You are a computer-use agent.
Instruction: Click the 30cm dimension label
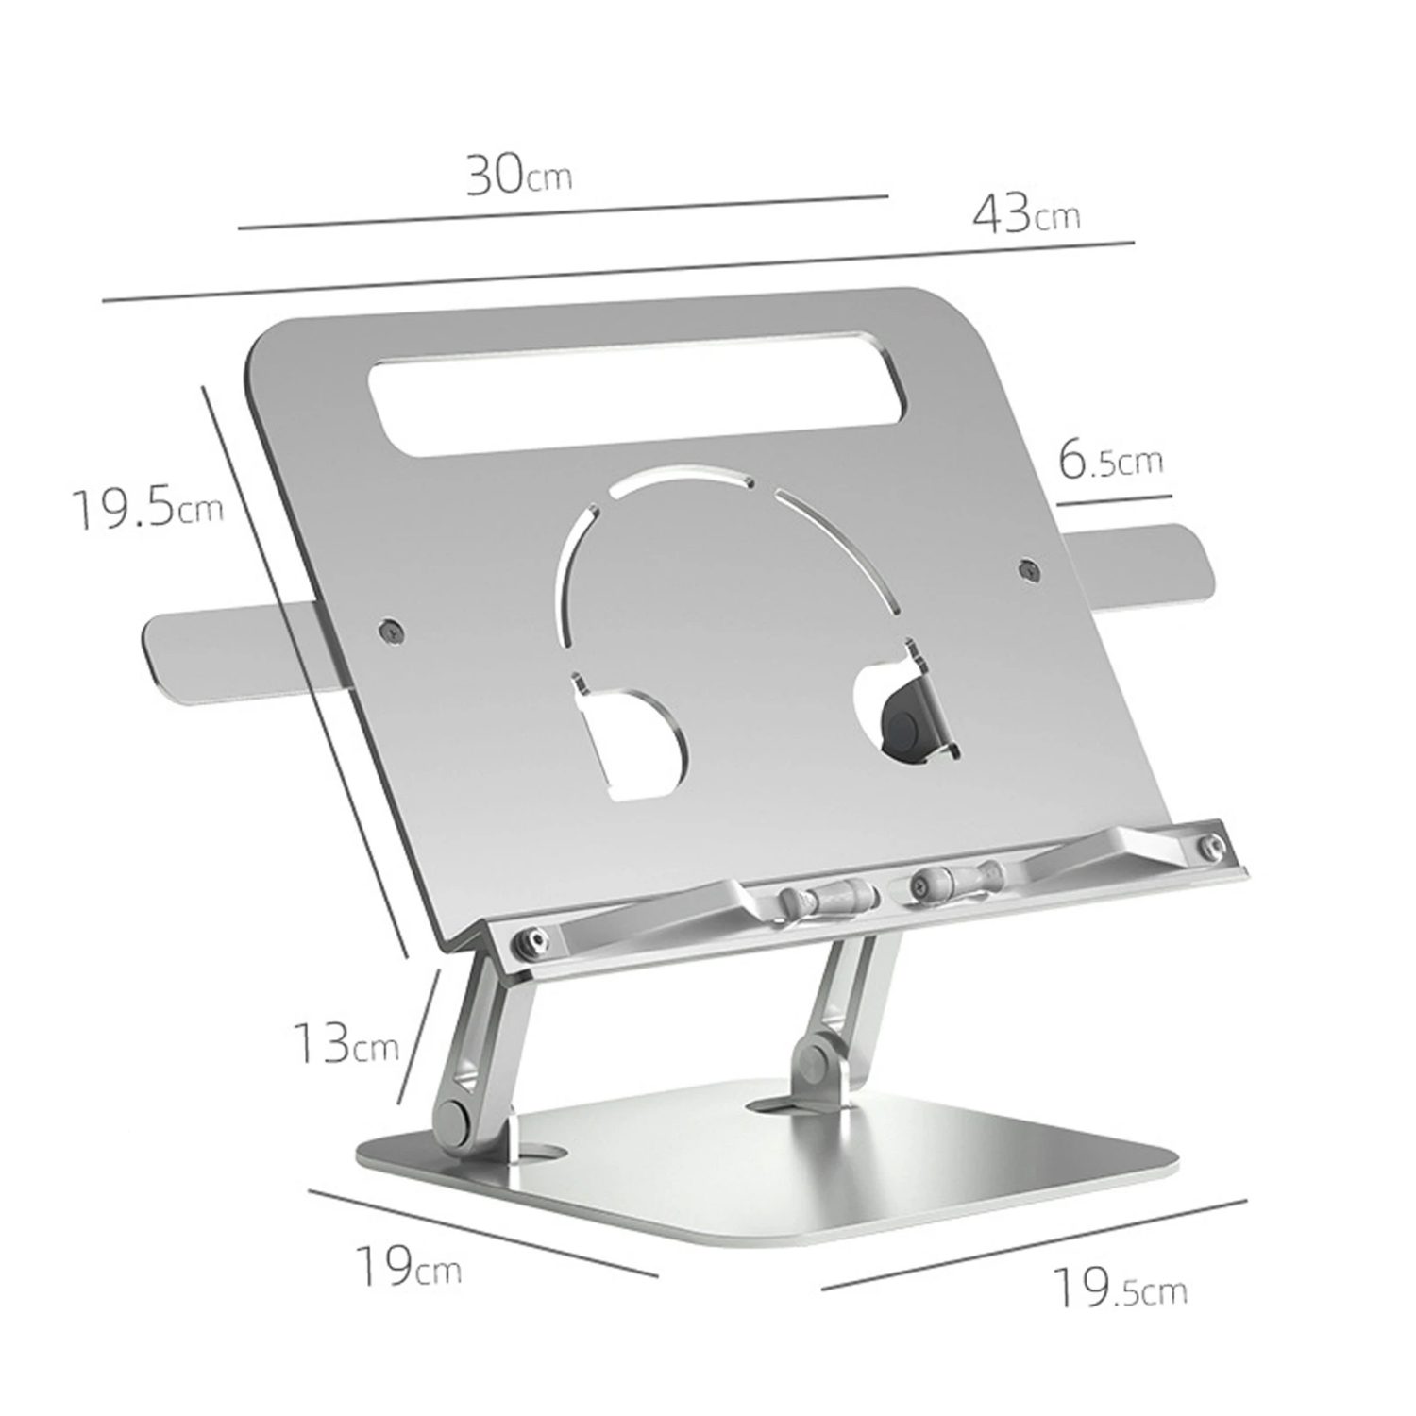[518, 175]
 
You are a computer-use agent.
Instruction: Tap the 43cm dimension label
[1026, 214]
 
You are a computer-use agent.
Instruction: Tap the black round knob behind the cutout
[904, 727]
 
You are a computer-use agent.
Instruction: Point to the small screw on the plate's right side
[1029, 569]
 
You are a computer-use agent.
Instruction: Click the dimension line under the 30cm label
[563, 212]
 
